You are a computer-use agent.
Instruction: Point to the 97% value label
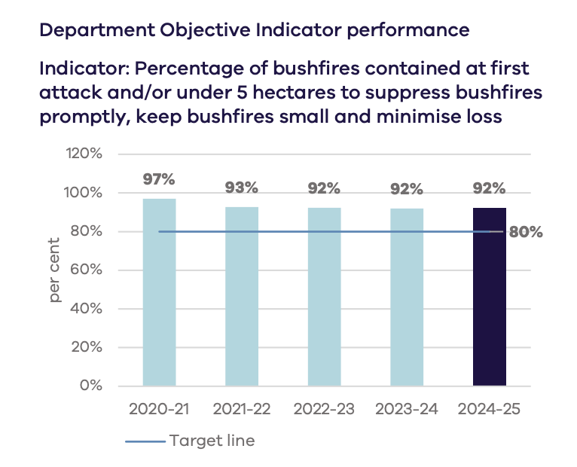click(x=159, y=179)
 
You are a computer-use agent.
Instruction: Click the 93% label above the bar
click(x=242, y=188)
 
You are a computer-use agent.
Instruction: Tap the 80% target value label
click(x=526, y=232)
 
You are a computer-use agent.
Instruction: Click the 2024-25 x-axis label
click(x=489, y=411)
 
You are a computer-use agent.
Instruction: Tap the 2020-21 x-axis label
click(x=159, y=411)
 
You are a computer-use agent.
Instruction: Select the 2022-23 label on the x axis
click(x=324, y=411)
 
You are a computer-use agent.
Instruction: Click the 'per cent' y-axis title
click(x=56, y=270)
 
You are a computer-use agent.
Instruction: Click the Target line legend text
click(x=212, y=441)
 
